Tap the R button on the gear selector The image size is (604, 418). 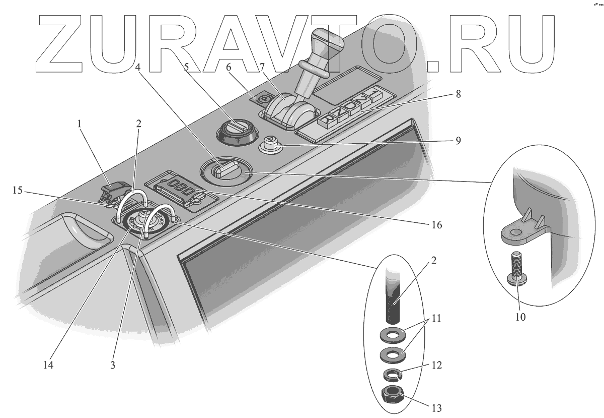[x=328, y=120]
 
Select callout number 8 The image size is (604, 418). [x=457, y=94]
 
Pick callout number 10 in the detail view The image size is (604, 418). [x=520, y=317]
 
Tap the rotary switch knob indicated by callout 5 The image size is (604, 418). [x=235, y=128]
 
